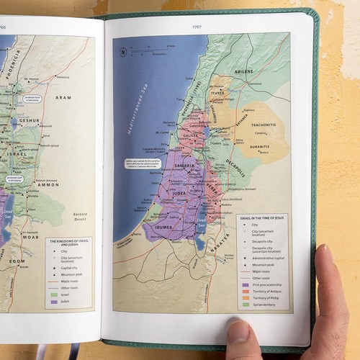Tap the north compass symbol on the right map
[123, 51]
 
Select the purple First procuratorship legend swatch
[245, 285]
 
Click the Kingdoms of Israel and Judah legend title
[68, 243]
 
